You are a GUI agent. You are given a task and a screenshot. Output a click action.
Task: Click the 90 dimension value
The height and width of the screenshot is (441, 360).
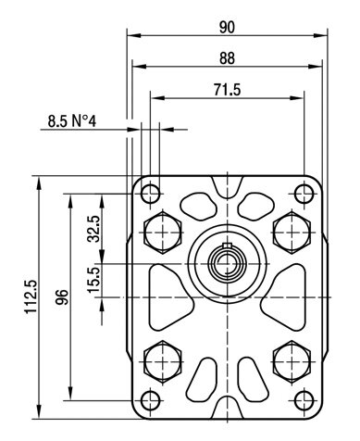coord(227,27)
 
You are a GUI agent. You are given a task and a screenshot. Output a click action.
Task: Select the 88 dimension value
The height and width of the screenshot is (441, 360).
coord(227,58)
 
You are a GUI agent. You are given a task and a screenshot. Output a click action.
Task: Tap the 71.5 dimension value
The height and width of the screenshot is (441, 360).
coord(227,90)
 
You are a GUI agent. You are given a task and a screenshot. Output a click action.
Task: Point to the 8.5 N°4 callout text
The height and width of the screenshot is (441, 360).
coord(72,121)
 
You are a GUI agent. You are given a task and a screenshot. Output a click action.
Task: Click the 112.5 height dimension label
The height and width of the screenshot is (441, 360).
coord(31,296)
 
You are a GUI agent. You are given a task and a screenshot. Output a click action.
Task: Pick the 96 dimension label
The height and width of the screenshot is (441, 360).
coord(62,297)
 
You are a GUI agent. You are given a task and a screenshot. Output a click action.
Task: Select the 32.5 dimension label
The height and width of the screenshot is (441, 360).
coord(93,229)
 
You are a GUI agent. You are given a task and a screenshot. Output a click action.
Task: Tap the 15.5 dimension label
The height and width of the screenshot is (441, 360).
coord(93,280)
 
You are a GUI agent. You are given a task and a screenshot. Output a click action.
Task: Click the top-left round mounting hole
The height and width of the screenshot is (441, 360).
coord(150,194)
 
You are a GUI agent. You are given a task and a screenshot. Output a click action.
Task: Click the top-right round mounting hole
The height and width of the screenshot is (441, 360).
coord(304,194)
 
